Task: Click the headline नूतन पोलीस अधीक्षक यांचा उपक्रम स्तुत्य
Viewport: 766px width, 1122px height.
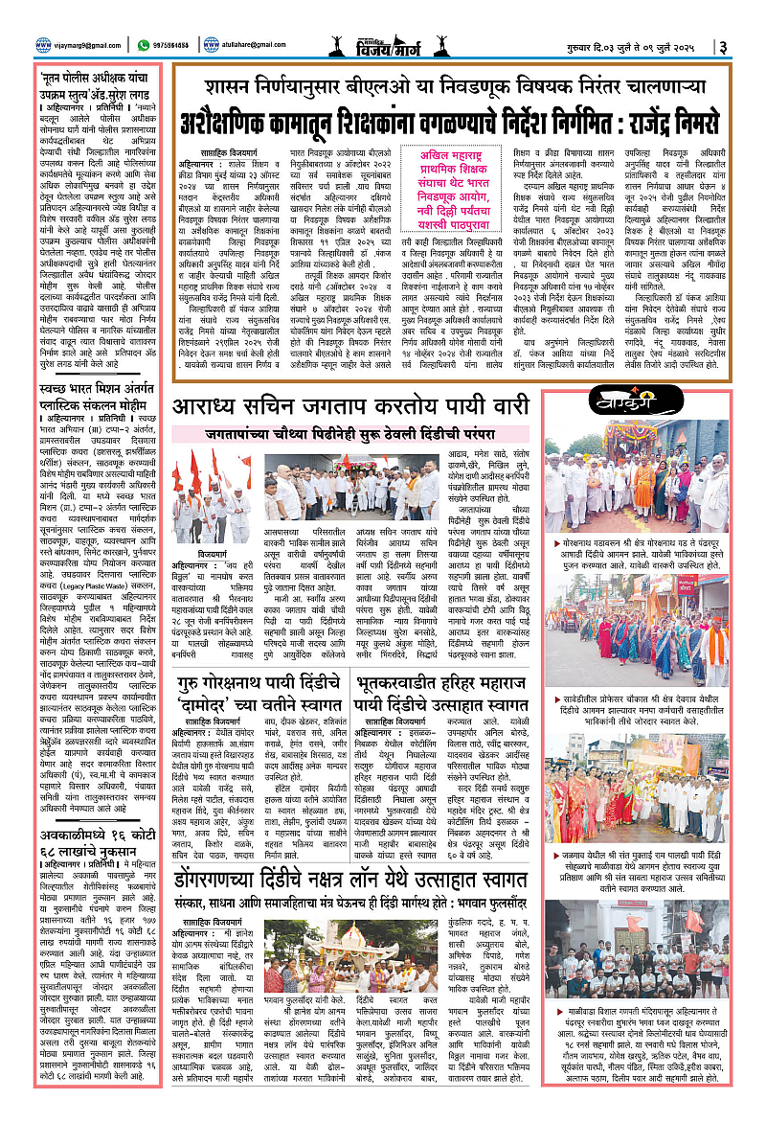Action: [x=97, y=83]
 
